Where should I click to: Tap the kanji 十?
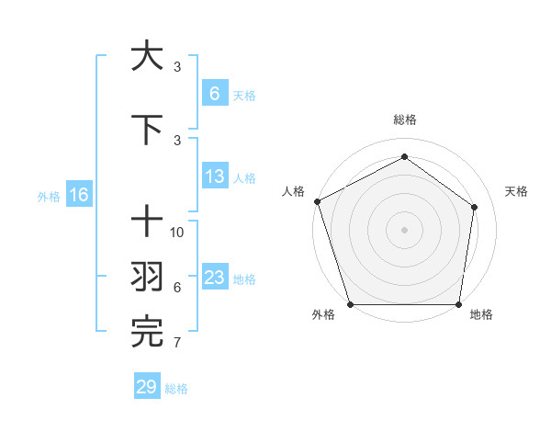[x=147, y=222]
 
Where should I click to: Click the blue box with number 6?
[x=215, y=94]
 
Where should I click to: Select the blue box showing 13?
[x=215, y=177]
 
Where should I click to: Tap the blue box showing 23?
[x=215, y=278]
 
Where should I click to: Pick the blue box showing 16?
[x=78, y=195]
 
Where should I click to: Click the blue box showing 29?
[x=147, y=387]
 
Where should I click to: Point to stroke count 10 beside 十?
[x=177, y=232]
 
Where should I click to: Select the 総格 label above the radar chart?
[x=405, y=120]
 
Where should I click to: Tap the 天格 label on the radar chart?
[x=517, y=191]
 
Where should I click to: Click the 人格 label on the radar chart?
[x=293, y=191]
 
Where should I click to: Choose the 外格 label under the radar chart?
[x=323, y=315]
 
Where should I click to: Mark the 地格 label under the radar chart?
[x=481, y=315]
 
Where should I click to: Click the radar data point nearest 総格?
[x=404, y=156]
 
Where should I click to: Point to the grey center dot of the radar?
[x=404, y=229]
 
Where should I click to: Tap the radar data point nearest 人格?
[x=317, y=201]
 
